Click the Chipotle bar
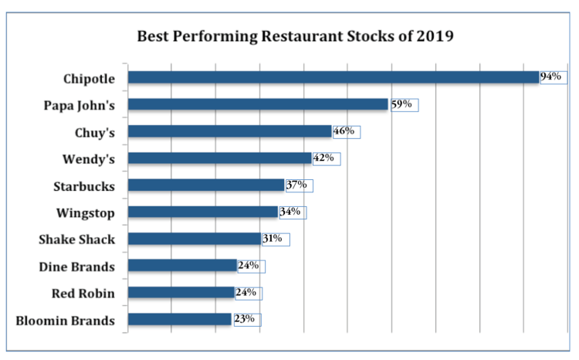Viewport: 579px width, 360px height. click(333, 77)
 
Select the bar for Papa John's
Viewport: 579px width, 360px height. click(257, 104)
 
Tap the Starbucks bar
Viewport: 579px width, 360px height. click(205, 185)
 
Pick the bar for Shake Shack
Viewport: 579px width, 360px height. click(194, 239)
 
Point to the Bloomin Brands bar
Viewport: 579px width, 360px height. click(179, 319)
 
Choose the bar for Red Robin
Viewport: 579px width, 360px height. click(181, 293)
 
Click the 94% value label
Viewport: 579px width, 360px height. click(551, 76)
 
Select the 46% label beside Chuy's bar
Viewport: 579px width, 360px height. click(344, 131)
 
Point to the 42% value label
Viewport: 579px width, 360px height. click(323, 158)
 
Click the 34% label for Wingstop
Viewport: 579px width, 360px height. click(289, 212)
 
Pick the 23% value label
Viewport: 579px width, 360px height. click(244, 319)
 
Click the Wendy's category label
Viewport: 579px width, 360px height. click(89, 160)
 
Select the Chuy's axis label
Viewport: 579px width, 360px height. click(95, 133)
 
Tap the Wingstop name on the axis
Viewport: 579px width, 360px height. click(86, 212)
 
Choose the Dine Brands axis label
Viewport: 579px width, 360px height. click(77, 267)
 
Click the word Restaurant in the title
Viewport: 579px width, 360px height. click(297, 36)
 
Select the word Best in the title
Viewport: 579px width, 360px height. click(152, 36)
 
